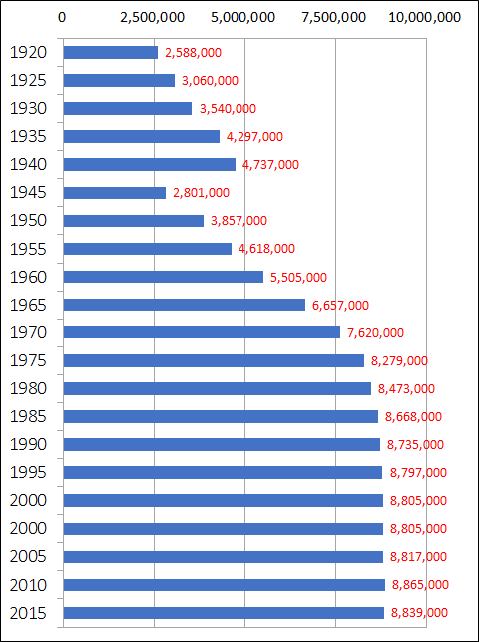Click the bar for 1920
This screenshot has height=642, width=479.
pos(110,52)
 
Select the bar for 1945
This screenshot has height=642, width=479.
pos(114,192)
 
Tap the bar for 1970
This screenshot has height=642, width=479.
pos(202,332)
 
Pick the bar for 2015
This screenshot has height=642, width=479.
pos(224,612)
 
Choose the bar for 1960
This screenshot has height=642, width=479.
pos(163,277)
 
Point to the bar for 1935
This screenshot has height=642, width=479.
pos(141,136)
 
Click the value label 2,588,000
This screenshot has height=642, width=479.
pos(193,52)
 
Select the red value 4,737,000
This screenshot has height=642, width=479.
pos(270,165)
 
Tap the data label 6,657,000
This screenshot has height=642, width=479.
pos(340,305)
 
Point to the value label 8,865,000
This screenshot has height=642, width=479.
pos(419,585)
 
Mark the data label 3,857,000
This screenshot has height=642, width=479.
pos(239,221)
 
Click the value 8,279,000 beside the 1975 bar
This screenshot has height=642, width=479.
pos(399,360)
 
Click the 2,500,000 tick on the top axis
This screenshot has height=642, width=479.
pos(154,17)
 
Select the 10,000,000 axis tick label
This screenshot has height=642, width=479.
pos(424,17)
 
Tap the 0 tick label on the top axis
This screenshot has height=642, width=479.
pos(63,17)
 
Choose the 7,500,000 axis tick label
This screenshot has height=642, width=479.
pos(335,17)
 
